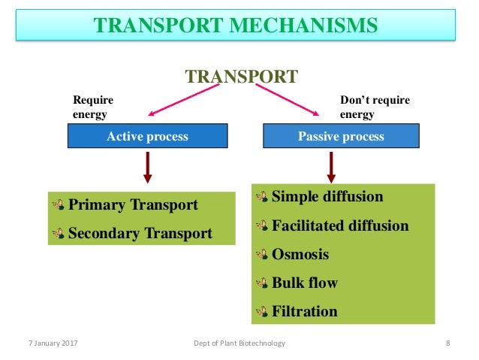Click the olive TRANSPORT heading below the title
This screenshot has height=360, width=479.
coord(241,76)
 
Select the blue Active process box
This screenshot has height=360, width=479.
coord(147,137)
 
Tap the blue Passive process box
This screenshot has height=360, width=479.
coord(341,137)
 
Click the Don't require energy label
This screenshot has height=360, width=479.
coord(375,107)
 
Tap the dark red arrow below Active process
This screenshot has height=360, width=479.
coord(148,167)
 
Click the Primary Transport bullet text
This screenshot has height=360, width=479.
coord(133,205)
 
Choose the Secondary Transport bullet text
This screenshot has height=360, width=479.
coord(140,233)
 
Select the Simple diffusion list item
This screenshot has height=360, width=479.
coord(327,197)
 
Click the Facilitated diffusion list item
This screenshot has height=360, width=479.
coord(339,225)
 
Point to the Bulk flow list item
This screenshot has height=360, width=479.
coord(304,283)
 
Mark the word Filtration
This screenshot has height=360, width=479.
coord(304,310)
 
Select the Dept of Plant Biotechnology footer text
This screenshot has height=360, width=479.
coord(239,343)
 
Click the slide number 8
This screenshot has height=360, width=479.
coord(447,343)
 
